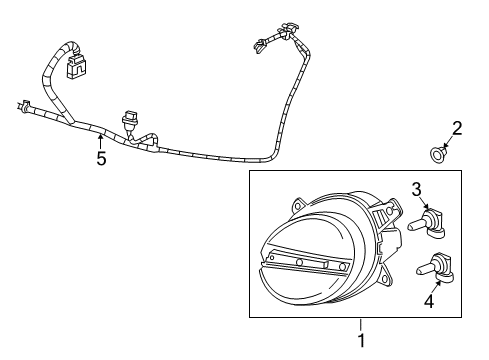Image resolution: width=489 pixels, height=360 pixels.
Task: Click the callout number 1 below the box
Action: tap(362, 341)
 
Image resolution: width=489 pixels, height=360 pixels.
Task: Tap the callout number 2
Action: tap(457, 128)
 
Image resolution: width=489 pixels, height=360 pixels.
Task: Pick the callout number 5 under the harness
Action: tap(101, 159)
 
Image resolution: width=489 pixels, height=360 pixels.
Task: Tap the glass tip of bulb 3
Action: tap(413, 226)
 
